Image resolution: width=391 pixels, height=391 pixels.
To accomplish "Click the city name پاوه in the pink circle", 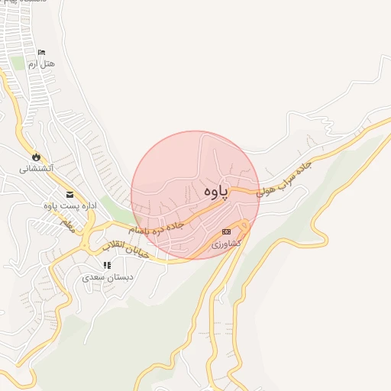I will point(218,192).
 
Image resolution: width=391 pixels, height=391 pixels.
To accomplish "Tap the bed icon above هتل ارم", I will point(41,52).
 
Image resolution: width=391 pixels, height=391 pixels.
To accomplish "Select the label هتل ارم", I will point(42,64).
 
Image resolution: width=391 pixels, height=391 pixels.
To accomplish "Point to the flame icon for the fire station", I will point(35,156).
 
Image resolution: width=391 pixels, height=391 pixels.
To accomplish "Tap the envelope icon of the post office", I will point(70,194).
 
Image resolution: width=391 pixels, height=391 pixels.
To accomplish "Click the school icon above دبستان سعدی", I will point(107,265).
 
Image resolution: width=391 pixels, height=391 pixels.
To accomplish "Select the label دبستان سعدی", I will point(108,277).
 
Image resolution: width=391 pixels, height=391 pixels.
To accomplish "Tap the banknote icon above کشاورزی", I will point(226,231).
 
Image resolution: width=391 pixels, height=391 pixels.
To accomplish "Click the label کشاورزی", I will point(225,243).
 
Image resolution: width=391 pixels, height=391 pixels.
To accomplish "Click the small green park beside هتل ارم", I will point(17,61).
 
